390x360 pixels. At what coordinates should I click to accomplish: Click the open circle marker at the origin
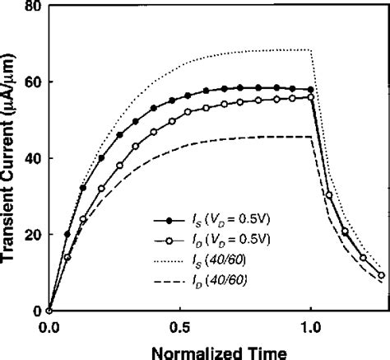(x=49, y=311)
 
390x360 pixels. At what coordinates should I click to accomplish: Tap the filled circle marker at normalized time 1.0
(x=310, y=89)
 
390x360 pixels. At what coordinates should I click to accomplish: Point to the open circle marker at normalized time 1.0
(x=310, y=97)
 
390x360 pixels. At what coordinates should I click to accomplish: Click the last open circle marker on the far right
(x=381, y=275)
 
